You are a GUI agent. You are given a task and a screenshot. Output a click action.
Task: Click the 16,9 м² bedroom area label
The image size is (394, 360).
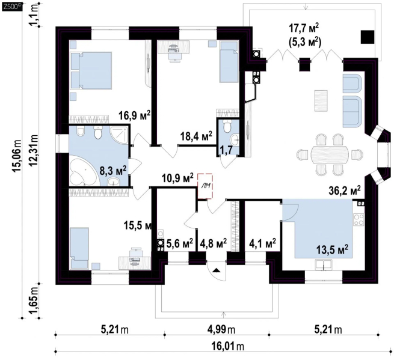pos(135,116)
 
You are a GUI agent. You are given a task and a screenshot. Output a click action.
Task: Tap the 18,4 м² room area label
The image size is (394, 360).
pos(197,136)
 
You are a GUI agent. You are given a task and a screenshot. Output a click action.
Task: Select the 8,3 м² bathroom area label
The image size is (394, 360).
pos(113,171)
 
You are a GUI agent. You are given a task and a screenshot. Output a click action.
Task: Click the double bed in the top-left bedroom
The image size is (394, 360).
pos(91,70)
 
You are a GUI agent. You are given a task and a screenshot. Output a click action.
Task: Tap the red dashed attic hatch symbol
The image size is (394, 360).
pos(205,186)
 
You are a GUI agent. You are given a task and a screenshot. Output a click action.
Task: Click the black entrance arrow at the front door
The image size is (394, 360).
pos(217,270)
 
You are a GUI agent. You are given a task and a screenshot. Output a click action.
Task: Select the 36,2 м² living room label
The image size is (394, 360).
pos(345,191)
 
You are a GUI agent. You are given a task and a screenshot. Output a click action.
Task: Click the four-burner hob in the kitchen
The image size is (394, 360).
pos(359,219)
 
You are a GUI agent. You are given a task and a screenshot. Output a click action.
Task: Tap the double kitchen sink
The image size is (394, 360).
pos(324,265)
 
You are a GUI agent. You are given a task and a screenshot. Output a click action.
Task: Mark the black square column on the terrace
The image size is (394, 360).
pos(368,37)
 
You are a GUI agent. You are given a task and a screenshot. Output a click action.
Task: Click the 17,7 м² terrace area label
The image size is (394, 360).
pos(304,28)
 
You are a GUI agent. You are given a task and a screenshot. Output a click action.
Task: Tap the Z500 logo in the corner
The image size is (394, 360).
pos(12,7)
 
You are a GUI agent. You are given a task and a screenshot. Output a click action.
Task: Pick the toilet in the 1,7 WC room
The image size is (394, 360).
pos(227,127)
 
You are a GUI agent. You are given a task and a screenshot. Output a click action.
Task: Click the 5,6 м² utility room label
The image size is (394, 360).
pos(180,243)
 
